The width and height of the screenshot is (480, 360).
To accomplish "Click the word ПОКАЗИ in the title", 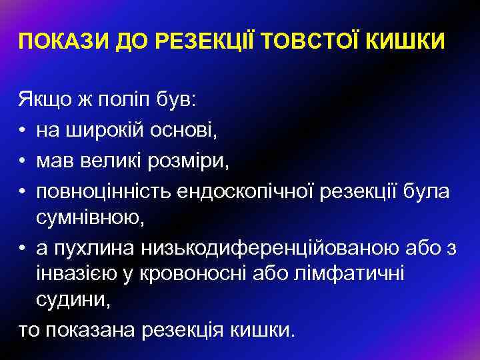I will point(55,43).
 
